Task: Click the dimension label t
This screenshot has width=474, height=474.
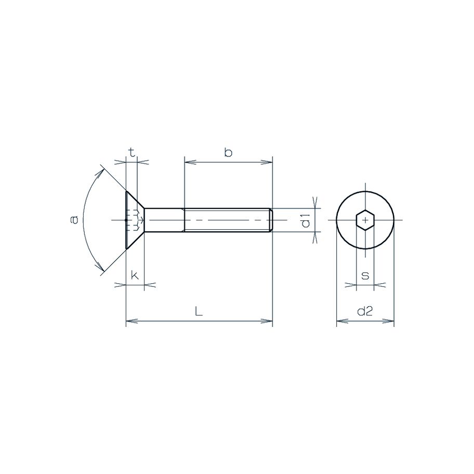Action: pyautogui.click(x=132, y=152)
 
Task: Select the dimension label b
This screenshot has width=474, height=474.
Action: pyautogui.click(x=228, y=152)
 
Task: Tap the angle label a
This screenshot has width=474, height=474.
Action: pyautogui.click(x=74, y=220)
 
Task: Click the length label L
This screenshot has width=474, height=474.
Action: pyautogui.click(x=199, y=312)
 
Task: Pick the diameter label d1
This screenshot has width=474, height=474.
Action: pyautogui.click(x=306, y=220)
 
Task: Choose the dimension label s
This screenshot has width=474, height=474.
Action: pyautogui.click(x=365, y=275)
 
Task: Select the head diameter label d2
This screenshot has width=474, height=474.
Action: pyautogui.click(x=365, y=312)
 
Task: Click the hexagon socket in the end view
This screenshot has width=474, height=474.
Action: pyautogui.click(x=366, y=220)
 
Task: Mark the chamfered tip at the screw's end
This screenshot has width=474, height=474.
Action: pyautogui.click(x=270, y=220)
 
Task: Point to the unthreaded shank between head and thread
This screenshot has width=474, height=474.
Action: pyautogui.click(x=164, y=220)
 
